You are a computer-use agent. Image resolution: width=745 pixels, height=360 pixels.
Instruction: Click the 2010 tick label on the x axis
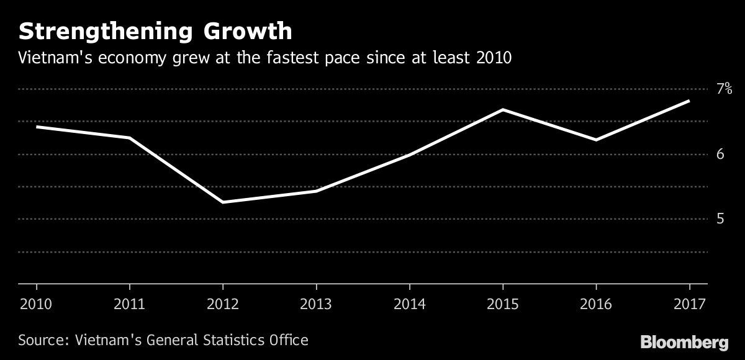point(37,304)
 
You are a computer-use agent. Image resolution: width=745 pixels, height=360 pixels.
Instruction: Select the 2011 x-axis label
point(130,304)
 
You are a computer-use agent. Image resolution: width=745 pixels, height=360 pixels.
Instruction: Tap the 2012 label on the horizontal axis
point(223,304)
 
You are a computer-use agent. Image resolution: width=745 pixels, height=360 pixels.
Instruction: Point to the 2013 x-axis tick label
point(317,304)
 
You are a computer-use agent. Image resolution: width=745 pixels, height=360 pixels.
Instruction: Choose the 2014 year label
point(410,304)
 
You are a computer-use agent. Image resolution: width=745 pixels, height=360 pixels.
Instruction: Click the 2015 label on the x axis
point(503,304)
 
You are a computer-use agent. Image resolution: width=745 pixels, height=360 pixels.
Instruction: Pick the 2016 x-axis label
point(596,304)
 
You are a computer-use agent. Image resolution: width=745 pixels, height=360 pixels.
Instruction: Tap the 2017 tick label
point(689,304)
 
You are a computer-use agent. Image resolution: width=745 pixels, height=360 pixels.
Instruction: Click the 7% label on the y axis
point(725,89)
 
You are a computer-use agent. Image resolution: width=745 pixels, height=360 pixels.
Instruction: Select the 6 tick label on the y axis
point(721,153)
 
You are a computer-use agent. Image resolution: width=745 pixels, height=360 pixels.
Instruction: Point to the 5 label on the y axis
point(721,218)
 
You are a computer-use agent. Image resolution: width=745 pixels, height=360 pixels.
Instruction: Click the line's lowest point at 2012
point(223,202)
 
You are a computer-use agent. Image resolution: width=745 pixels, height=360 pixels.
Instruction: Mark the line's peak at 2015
point(503,110)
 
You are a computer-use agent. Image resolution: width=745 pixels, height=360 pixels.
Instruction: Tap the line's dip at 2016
point(596,140)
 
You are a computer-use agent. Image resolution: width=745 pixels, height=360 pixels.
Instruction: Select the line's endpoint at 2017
point(689,101)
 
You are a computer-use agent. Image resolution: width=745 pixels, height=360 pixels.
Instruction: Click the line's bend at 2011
point(130,138)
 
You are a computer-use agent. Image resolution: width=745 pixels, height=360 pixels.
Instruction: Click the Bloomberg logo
point(684,341)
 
